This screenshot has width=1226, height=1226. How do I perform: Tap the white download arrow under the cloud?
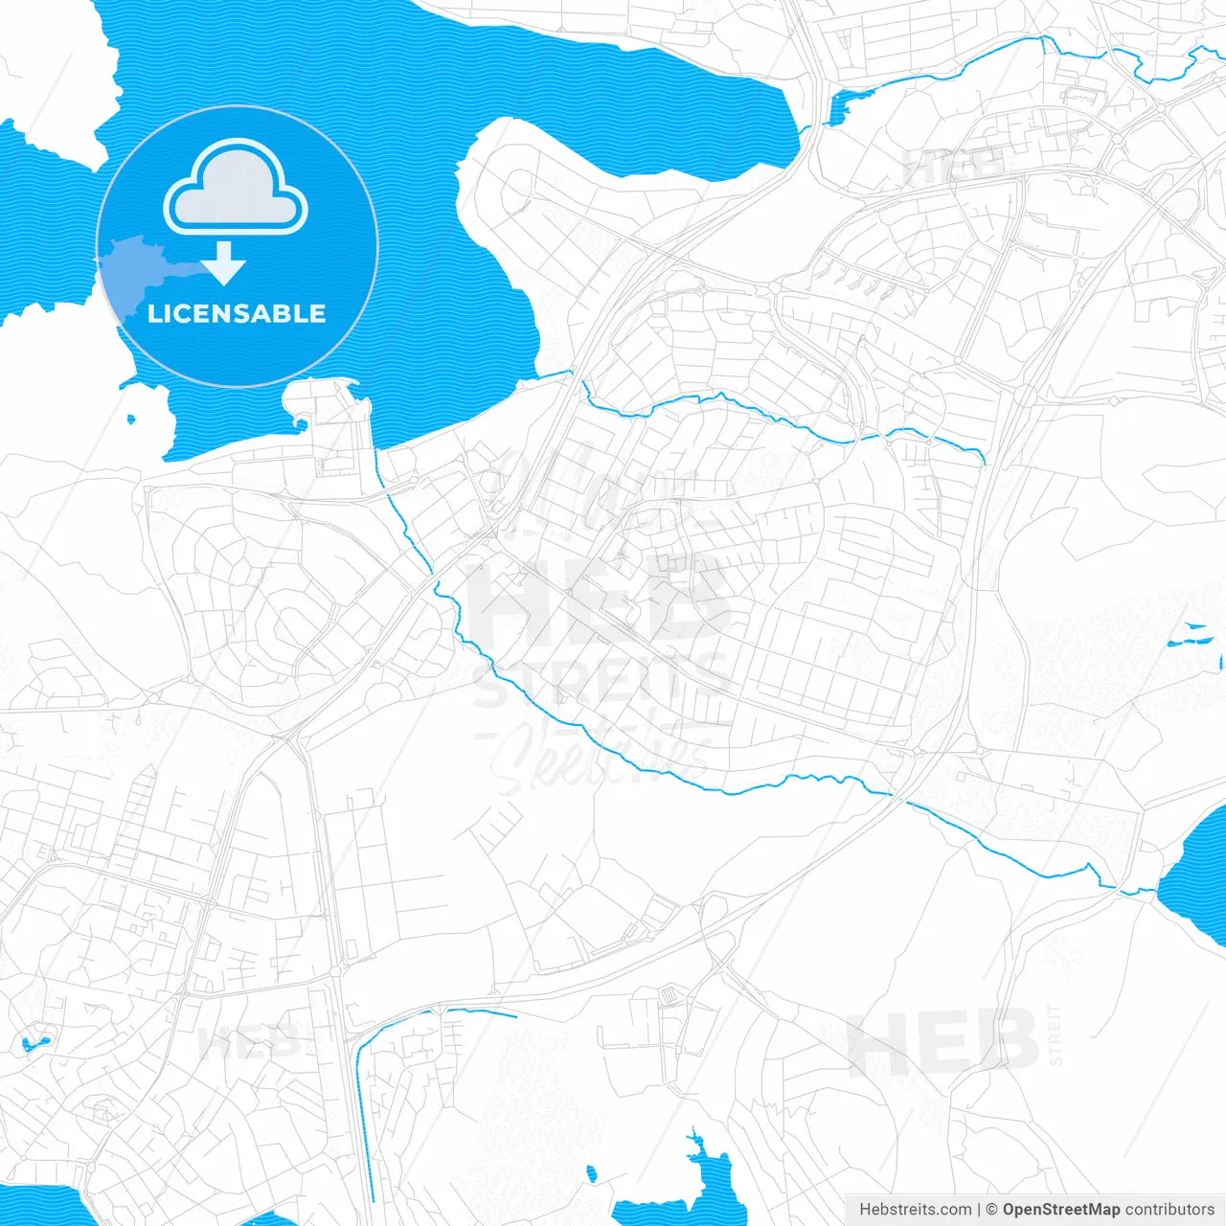tap(224, 263)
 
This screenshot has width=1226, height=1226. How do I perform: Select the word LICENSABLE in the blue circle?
tap(237, 313)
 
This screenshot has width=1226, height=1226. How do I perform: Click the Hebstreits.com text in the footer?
tap(916, 1210)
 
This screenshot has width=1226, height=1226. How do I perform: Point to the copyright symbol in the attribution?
tap(992, 1210)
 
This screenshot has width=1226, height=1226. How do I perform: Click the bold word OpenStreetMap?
tap(1061, 1210)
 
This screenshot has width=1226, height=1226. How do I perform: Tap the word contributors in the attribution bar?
tap(1169, 1210)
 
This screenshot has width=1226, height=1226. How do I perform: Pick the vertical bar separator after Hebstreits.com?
tap(979, 1210)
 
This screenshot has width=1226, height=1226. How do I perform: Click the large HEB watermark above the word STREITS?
tap(599, 603)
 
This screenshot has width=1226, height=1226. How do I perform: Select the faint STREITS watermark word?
tap(602, 682)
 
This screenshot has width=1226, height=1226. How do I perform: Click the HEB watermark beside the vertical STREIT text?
tap(943, 1042)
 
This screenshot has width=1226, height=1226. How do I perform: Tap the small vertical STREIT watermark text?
tap(1056, 1034)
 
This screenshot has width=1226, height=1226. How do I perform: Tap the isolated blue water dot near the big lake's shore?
tap(131, 419)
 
